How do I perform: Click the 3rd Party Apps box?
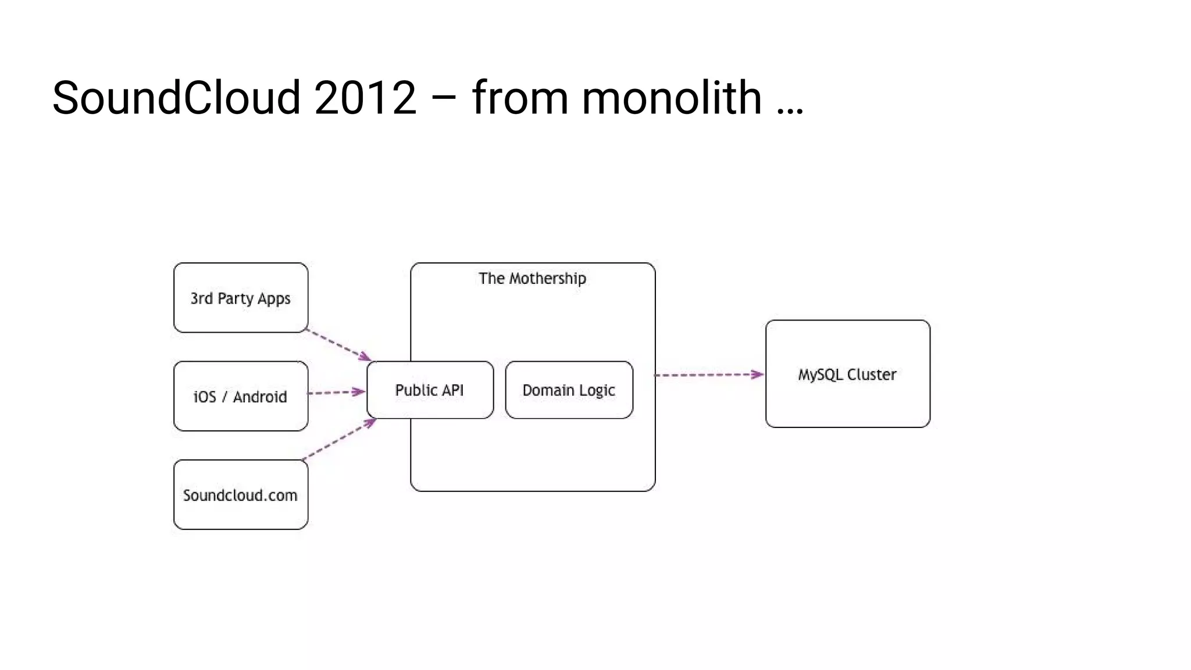tap(241, 298)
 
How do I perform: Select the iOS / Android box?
tap(241, 396)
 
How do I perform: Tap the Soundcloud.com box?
tap(241, 495)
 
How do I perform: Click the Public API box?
tap(430, 390)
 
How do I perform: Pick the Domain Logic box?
tap(569, 390)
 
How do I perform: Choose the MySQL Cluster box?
tap(847, 374)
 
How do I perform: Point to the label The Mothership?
tap(532, 279)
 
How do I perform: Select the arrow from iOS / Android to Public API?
tap(336, 393)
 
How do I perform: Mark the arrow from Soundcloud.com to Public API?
tap(339, 440)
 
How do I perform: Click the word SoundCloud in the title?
tap(176, 97)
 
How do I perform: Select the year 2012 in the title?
tap(365, 97)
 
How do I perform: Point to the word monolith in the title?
tap(672, 97)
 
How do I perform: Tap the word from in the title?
tap(520, 97)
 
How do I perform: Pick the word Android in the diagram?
tap(260, 397)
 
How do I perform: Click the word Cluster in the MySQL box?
tap(871, 375)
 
